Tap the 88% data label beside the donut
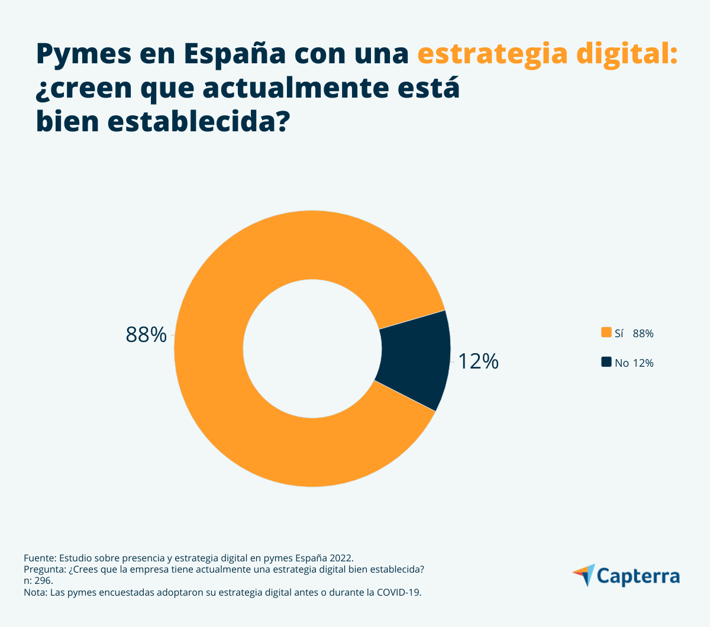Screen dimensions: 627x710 [x=146, y=335]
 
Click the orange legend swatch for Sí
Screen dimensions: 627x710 [x=606, y=332]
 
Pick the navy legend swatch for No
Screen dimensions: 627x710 [x=606, y=362]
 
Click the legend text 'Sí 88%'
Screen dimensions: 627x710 [x=634, y=334]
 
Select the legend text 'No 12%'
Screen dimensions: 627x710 [x=634, y=363]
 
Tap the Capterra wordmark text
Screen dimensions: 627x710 [x=638, y=576]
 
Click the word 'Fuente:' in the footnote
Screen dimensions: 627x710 [x=40, y=558]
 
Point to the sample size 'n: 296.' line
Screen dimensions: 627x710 [x=38, y=581]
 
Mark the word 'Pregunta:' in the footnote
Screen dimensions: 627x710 [x=45, y=570]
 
